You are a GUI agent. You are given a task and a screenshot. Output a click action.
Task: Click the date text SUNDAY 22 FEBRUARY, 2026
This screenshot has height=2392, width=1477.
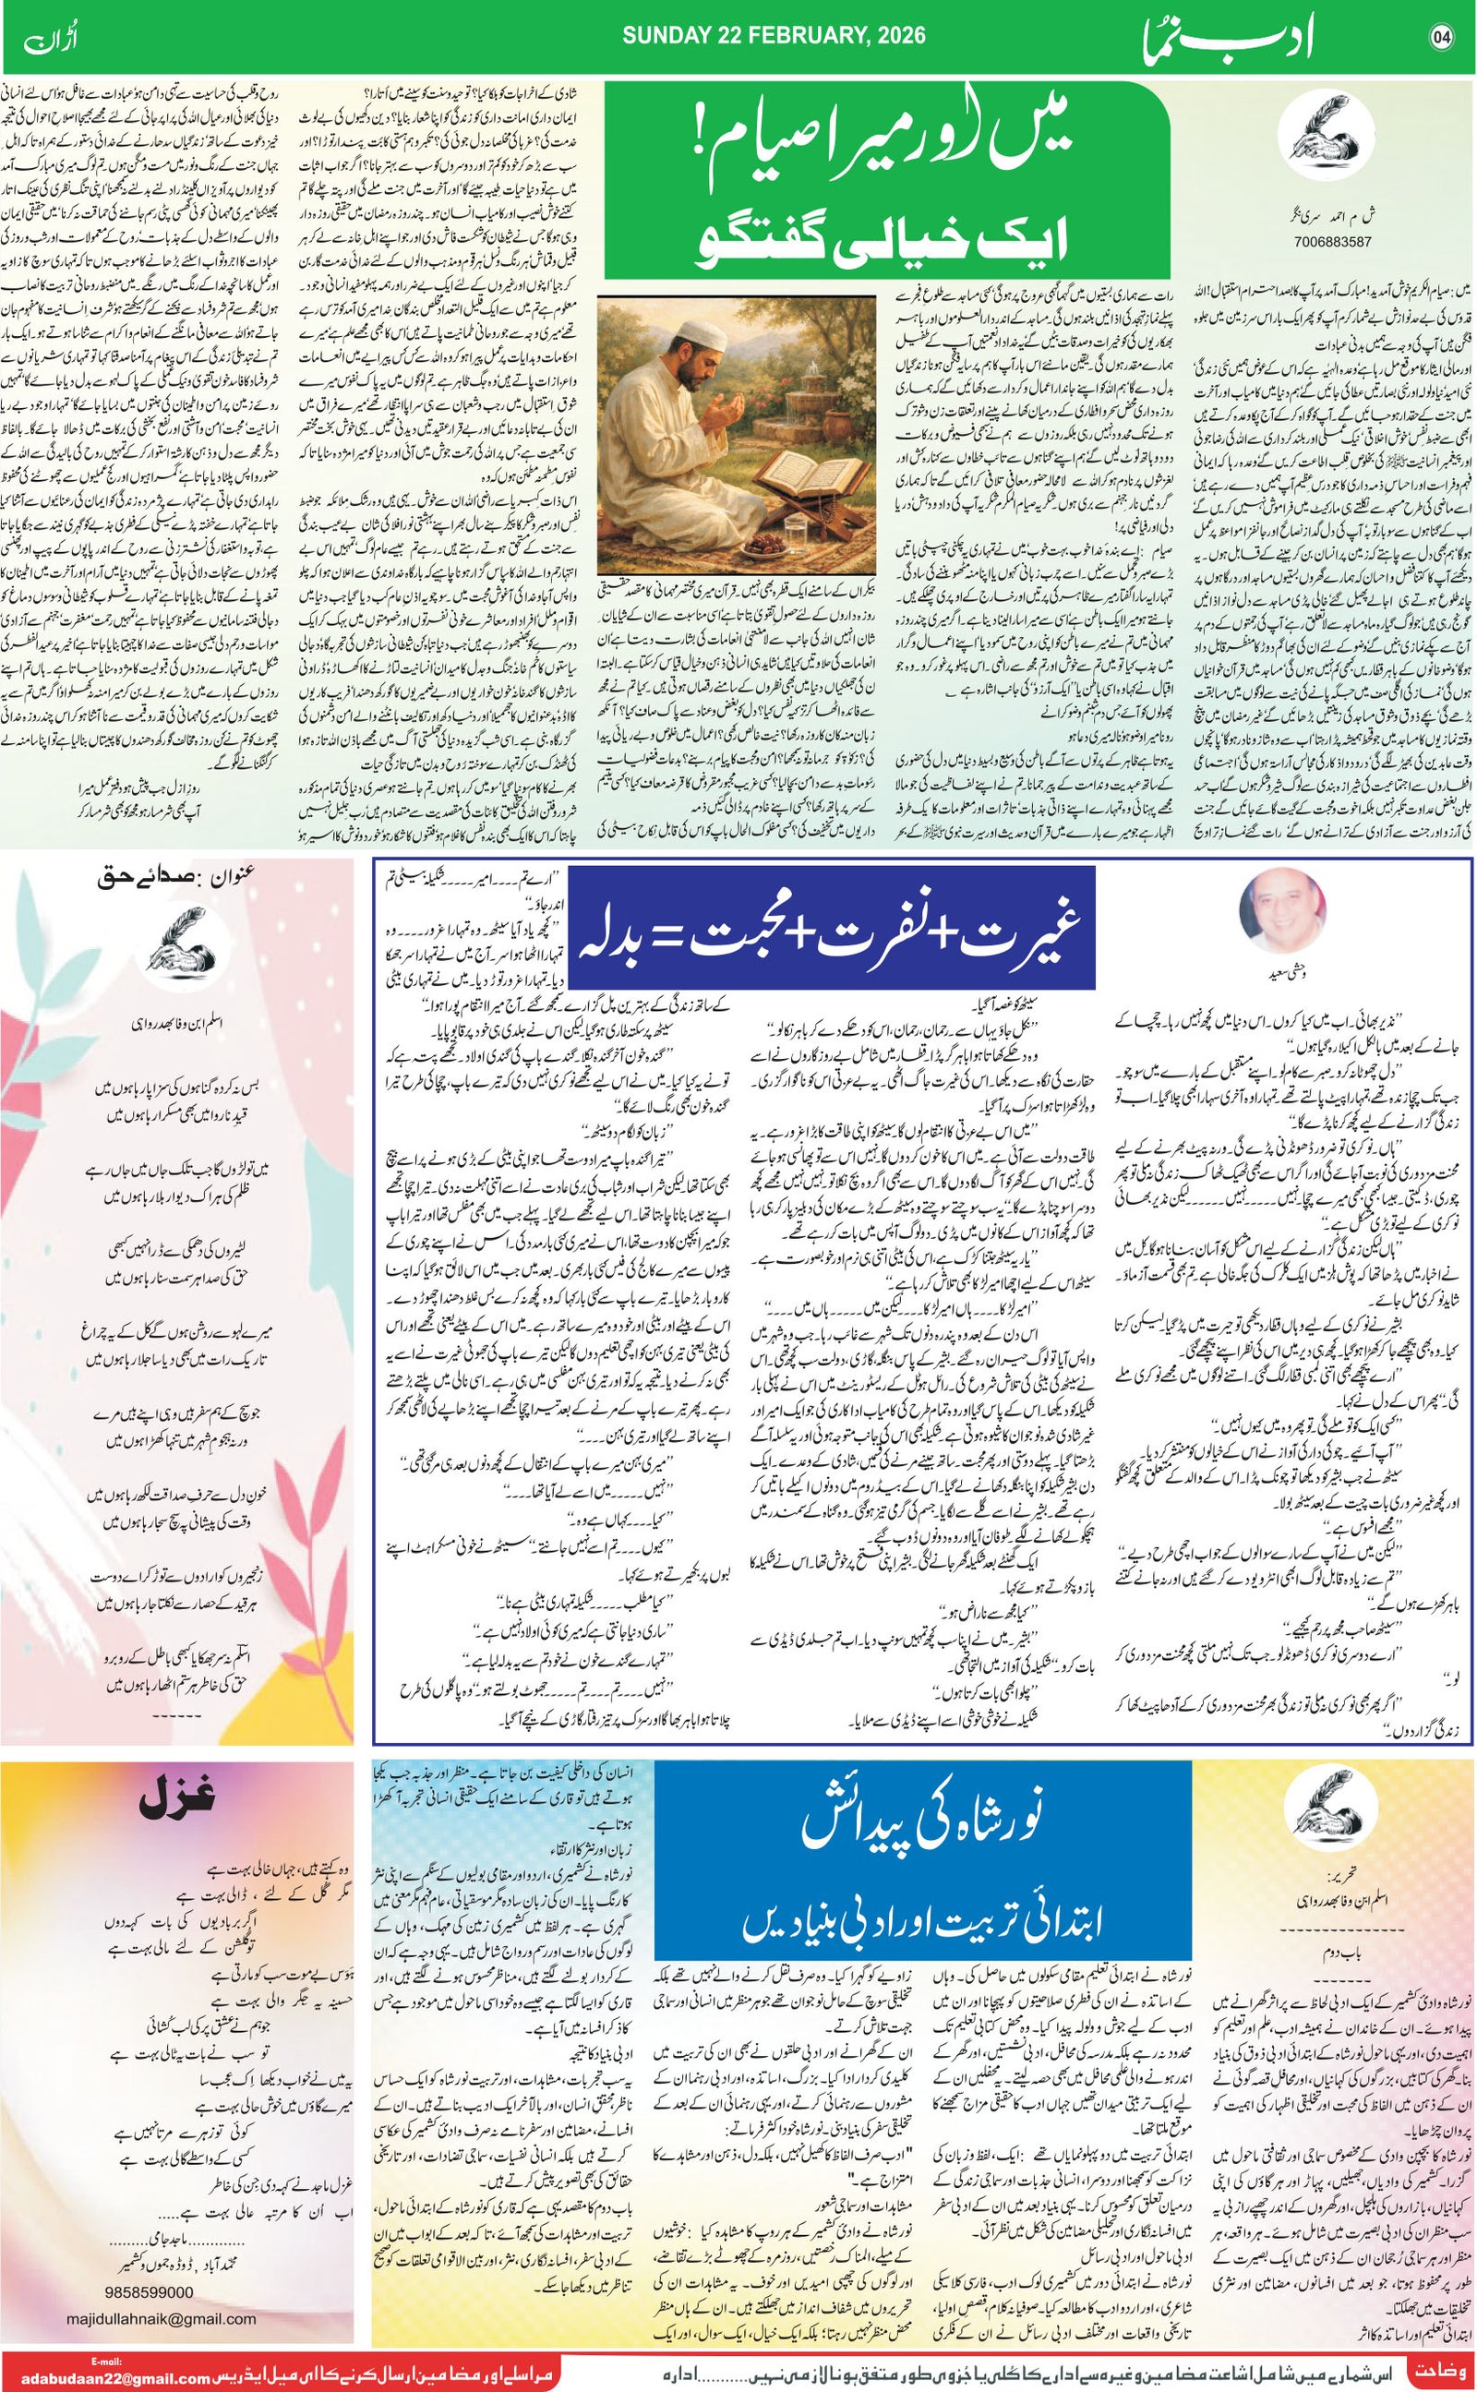click(775, 36)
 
